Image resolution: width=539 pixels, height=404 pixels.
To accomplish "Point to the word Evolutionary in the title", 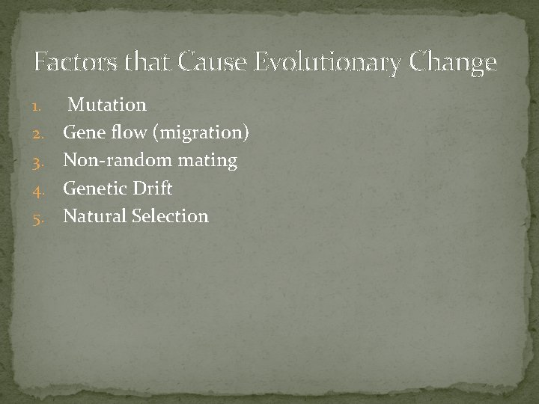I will pos(328,64).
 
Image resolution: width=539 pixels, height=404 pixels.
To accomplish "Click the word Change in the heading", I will pos(453,64).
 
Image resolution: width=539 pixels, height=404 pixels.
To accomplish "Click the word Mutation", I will pos(107,105).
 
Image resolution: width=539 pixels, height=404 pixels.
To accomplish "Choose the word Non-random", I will pos(109,160).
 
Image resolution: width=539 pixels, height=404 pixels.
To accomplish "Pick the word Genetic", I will pos(95,188).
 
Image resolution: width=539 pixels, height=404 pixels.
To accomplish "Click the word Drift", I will pos(152,188).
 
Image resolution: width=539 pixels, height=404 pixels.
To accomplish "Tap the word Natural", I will pos(94,215).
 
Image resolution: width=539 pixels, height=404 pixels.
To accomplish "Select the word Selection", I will pos(170,215).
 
